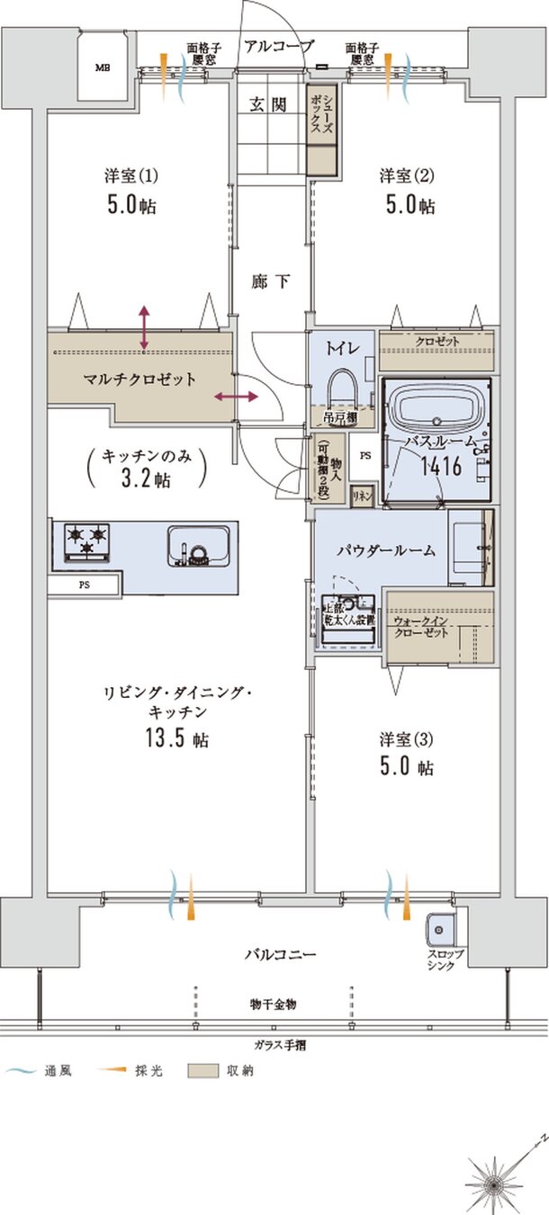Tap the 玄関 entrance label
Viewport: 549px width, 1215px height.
pos(267,104)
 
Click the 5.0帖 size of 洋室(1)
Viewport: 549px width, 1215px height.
pos(131,205)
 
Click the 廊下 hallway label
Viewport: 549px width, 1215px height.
pos(270,282)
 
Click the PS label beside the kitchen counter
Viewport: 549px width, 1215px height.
pos(84,585)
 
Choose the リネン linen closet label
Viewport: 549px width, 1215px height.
pos(362,496)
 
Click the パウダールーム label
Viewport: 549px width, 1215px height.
pos(373,550)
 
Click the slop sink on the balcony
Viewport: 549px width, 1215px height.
pos(442,927)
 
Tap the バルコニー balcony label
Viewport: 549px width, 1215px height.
pos(279,953)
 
